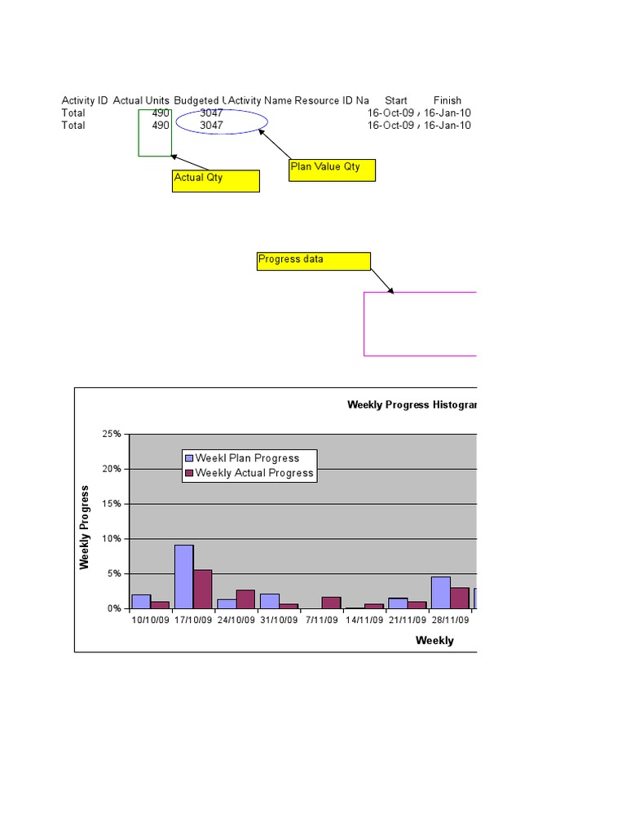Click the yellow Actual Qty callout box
tap(215, 181)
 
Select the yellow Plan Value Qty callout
tap(333, 170)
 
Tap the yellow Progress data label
tap(314, 261)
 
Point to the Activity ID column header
tap(85, 100)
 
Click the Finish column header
tap(447, 100)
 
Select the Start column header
tap(396, 100)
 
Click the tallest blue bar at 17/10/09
tap(183, 577)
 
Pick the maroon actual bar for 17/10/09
tap(203, 589)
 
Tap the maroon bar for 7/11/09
tap(331, 603)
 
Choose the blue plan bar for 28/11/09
tap(440, 592)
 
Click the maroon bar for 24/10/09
tap(245, 599)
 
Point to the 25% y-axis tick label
tap(112, 435)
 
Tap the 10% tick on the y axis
tap(112, 539)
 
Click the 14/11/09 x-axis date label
tap(364, 620)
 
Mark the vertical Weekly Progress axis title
tap(84, 528)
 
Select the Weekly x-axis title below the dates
tap(434, 640)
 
